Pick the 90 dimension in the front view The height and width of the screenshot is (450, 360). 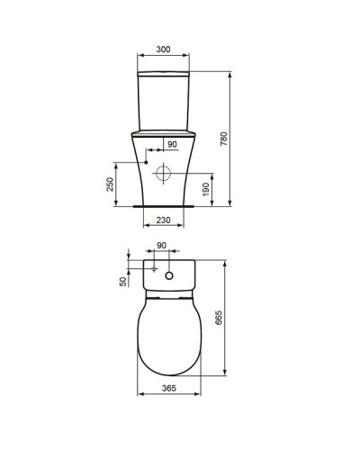[173, 143]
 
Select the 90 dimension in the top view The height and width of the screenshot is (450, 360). [162, 246]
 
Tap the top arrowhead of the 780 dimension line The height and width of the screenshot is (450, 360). [231, 71]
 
